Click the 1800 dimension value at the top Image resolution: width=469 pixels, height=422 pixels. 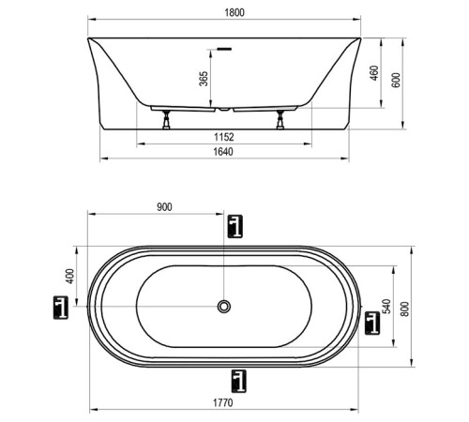click(x=234, y=13)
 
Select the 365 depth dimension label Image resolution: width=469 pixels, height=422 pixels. click(x=204, y=79)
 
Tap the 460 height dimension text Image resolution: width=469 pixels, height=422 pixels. click(x=374, y=73)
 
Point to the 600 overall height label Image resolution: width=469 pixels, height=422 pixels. click(x=396, y=80)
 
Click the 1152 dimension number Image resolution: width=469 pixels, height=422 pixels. click(x=224, y=137)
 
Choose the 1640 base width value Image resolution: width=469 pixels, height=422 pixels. click(x=223, y=152)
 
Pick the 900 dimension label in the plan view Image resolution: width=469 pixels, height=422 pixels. click(x=164, y=207)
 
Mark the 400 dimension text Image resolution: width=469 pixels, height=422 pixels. click(x=70, y=277)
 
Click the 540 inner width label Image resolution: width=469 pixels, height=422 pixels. click(x=387, y=307)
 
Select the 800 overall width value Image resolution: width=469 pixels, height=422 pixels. click(x=404, y=309)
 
